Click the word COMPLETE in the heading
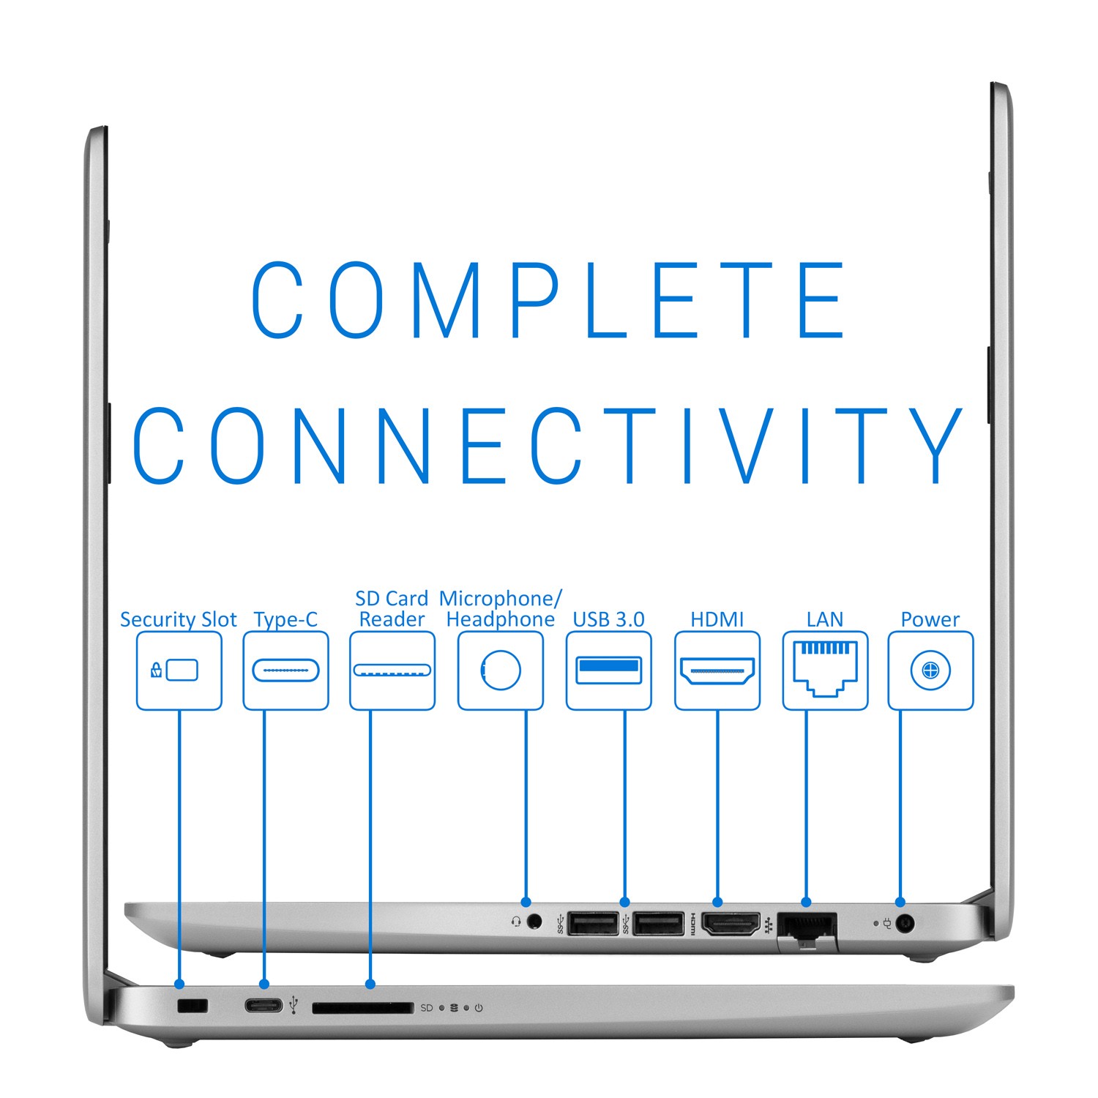coord(549,300)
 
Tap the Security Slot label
coord(178,620)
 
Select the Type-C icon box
coord(285,671)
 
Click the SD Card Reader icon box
coord(392,671)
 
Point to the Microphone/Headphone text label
coord(501,609)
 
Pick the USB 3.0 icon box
coord(609,671)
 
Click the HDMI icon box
coord(717,671)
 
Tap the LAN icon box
coord(825,671)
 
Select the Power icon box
coord(930,671)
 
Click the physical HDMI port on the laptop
coord(731,924)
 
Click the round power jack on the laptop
coord(905,924)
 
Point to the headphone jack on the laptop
coord(535,922)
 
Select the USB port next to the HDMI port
coord(659,924)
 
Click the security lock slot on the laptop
coord(193,1006)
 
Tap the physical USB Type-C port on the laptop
coord(264,1005)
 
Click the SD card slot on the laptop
coord(362,1008)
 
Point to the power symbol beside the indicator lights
coord(479,1008)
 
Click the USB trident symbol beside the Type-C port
coord(294,1005)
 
